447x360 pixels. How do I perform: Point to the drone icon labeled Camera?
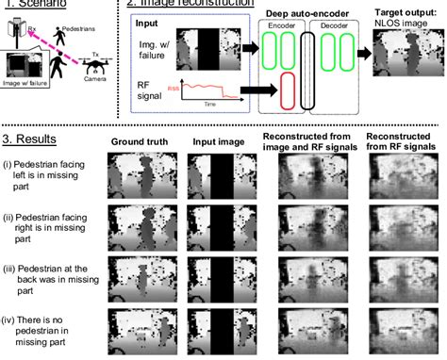(x=96, y=69)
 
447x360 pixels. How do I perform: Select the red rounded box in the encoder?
(x=289, y=91)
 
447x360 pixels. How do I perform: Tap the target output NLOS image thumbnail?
(x=403, y=56)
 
